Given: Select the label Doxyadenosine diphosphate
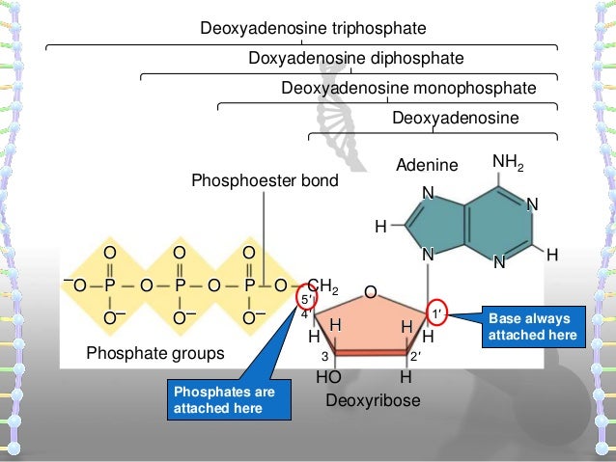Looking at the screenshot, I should click(356, 59).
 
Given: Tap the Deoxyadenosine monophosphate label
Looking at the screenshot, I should click(407, 89).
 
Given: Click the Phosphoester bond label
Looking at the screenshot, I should click(258, 180).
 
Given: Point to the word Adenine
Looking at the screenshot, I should click(428, 166).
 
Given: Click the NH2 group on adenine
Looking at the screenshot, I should click(510, 160).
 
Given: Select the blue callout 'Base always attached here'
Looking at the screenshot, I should click(532, 326).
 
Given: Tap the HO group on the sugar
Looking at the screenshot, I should click(328, 378).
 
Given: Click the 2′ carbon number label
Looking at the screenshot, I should click(415, 358).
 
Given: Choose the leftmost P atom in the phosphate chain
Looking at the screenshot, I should click(109, 286).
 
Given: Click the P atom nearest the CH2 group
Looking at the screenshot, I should click(248, 286).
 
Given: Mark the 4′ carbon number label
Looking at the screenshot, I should click(304, 313).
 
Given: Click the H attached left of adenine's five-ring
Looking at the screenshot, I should click(380, 227).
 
